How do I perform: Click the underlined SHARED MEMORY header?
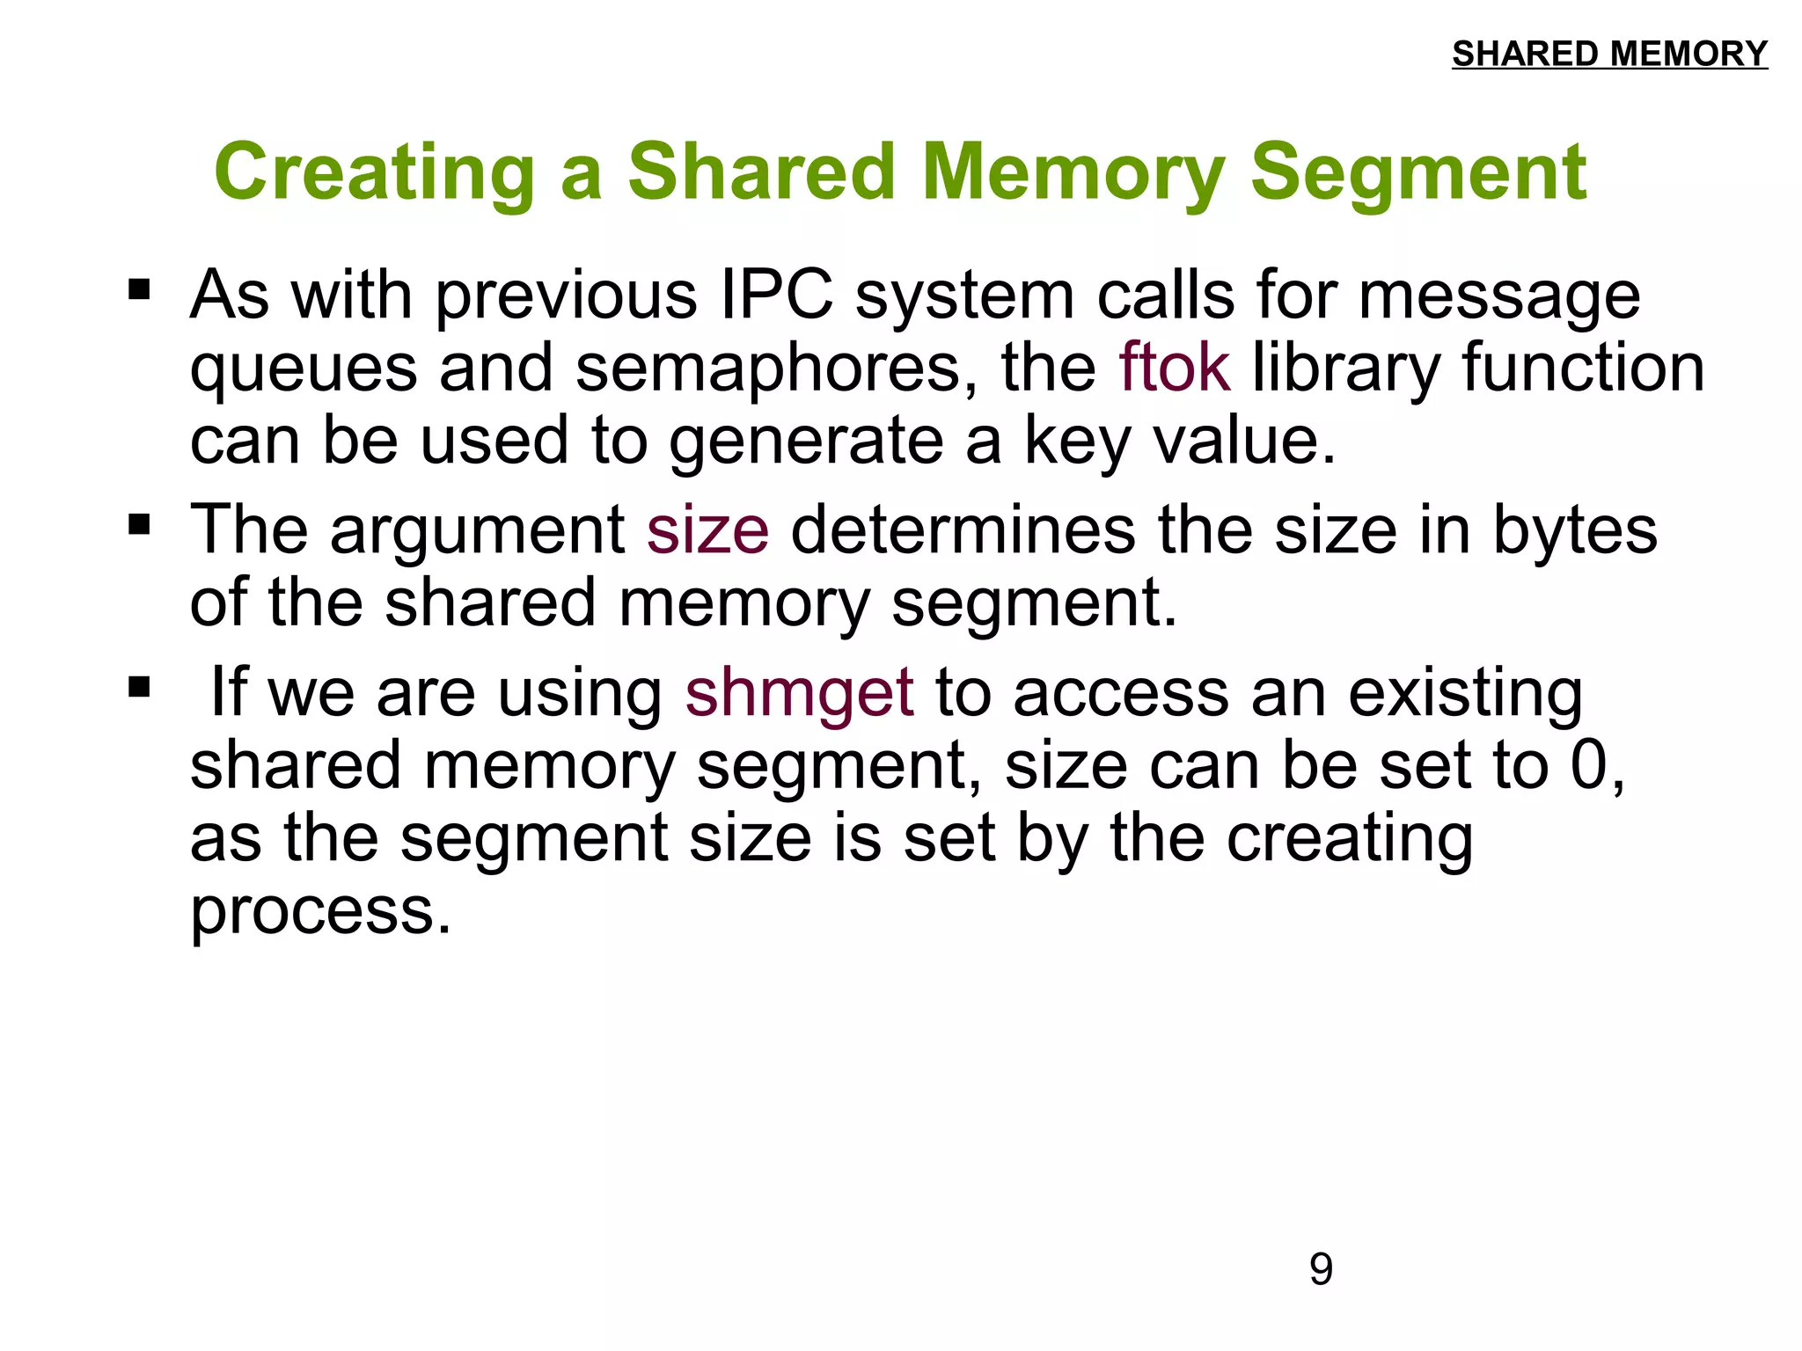[1609, 54]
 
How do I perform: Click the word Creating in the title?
[375, 172]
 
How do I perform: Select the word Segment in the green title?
[1418, 172]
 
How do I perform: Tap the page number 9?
[1321, 1269]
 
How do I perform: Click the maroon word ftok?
[1174, 368]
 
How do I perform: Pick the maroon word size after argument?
[707, 530]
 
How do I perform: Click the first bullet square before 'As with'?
[139, 289]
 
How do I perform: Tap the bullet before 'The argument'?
[139, 525]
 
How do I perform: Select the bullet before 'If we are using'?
[139, 686]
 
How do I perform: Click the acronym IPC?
[776, 295]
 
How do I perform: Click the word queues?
[304, 369]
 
